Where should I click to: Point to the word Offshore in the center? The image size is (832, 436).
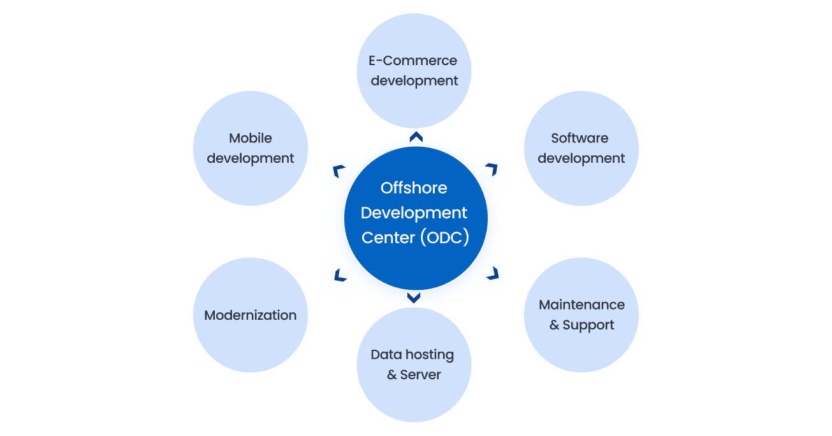point(414,188)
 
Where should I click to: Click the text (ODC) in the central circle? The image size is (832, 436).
point(444,237)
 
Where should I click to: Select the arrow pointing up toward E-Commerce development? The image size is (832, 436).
point(416,136)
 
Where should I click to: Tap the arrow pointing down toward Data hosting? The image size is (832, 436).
point(414,297)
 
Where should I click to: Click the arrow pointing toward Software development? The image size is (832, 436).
point(491,169)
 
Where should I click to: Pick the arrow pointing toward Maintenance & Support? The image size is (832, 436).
point(492,273)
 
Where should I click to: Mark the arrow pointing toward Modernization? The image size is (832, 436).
point(340,275)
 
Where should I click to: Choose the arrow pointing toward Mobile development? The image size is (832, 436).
point(339,170)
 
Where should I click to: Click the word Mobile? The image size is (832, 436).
point(251,139)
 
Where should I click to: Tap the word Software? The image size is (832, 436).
point(580,139)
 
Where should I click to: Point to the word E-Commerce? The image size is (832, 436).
point(413,61)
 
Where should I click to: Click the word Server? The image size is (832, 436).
point(421,375)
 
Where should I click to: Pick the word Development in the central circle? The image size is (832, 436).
point(414,213)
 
